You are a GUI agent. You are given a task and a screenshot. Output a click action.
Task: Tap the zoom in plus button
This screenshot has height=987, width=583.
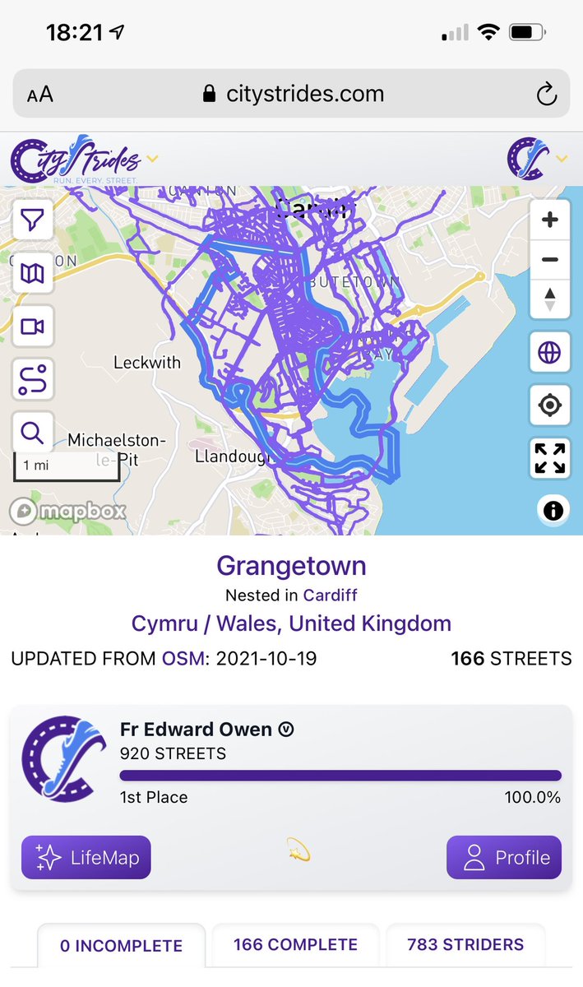tap(550, 220)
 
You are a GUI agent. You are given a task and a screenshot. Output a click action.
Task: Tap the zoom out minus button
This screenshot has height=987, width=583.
tap(550, 260)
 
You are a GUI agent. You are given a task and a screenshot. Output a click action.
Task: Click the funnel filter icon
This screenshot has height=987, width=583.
tap(32, 220)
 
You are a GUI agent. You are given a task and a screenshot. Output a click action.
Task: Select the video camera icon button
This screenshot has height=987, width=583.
tap(32, 327)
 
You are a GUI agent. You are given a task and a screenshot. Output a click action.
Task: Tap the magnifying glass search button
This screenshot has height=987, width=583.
tap(32, 432)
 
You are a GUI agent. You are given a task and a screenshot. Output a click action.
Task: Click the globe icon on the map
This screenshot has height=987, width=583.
tap(549, 354)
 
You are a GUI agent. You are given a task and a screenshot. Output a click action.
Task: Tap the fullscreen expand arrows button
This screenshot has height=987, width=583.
tap(549, 458)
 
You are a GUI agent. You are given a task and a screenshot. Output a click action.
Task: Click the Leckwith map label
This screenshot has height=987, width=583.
tap(147, 362)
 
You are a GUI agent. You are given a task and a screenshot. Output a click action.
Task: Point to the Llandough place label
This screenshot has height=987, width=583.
tap(228, 456)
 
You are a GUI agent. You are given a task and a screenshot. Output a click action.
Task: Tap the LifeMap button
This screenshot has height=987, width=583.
tap(86, 858)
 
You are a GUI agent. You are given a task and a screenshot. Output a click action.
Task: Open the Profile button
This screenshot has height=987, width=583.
tap(504, 858)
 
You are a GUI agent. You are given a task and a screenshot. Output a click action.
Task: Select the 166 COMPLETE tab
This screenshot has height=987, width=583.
tap(295, 945)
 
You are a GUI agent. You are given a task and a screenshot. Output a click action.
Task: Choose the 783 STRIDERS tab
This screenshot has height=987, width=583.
tap(465, 945)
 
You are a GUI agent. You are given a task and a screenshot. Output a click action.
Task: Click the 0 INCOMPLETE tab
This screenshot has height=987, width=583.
tap(122, 946)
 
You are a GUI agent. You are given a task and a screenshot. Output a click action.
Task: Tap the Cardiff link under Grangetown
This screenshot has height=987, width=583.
tap(331, 595)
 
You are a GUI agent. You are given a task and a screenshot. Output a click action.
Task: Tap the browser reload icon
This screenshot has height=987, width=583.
tap(547, 95)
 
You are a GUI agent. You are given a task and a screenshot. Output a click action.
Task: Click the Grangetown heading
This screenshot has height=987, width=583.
tap(291, 566)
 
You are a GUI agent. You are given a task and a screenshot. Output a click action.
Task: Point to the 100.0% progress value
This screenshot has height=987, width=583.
tap(532, 797)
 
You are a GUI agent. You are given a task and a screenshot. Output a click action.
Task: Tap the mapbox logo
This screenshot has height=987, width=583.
tap(67, 512)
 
